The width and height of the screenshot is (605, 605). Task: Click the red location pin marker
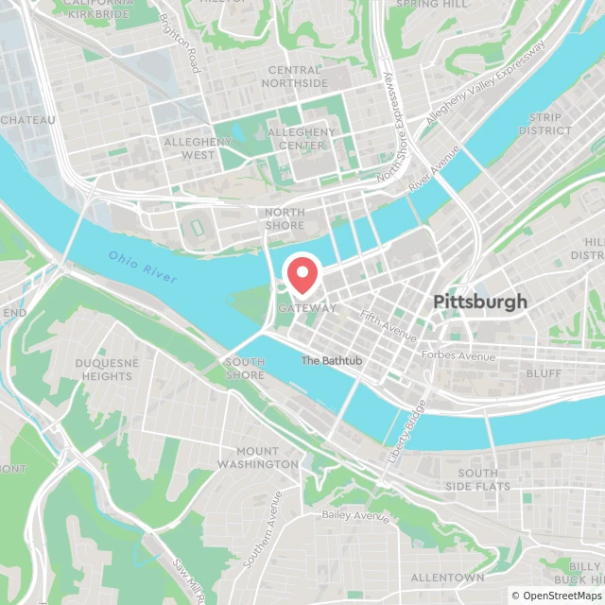click(x=302, y=275)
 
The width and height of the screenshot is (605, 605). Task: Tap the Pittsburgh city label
click(x=479, y=302)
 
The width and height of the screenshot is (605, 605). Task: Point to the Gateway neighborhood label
click(x=307, y=308)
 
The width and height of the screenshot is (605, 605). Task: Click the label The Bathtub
click(x=331, y=361)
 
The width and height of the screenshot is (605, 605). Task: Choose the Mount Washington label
click(x=257, y=458)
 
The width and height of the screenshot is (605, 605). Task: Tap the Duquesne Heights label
click(x=107, y=369)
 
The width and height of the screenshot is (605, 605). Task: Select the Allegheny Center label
click(x=302, y=139)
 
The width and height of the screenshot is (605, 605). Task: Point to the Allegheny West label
click(x=198, y=147)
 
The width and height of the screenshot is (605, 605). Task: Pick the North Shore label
click(x=285, y=218)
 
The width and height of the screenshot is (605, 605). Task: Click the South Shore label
click(x=245, y=369)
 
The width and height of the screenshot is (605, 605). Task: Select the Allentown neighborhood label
click(x=448, y=578)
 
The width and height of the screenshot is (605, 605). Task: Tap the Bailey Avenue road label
click(x=355, y=515)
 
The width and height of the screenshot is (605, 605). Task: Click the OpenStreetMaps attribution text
click(x=556, y=595)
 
